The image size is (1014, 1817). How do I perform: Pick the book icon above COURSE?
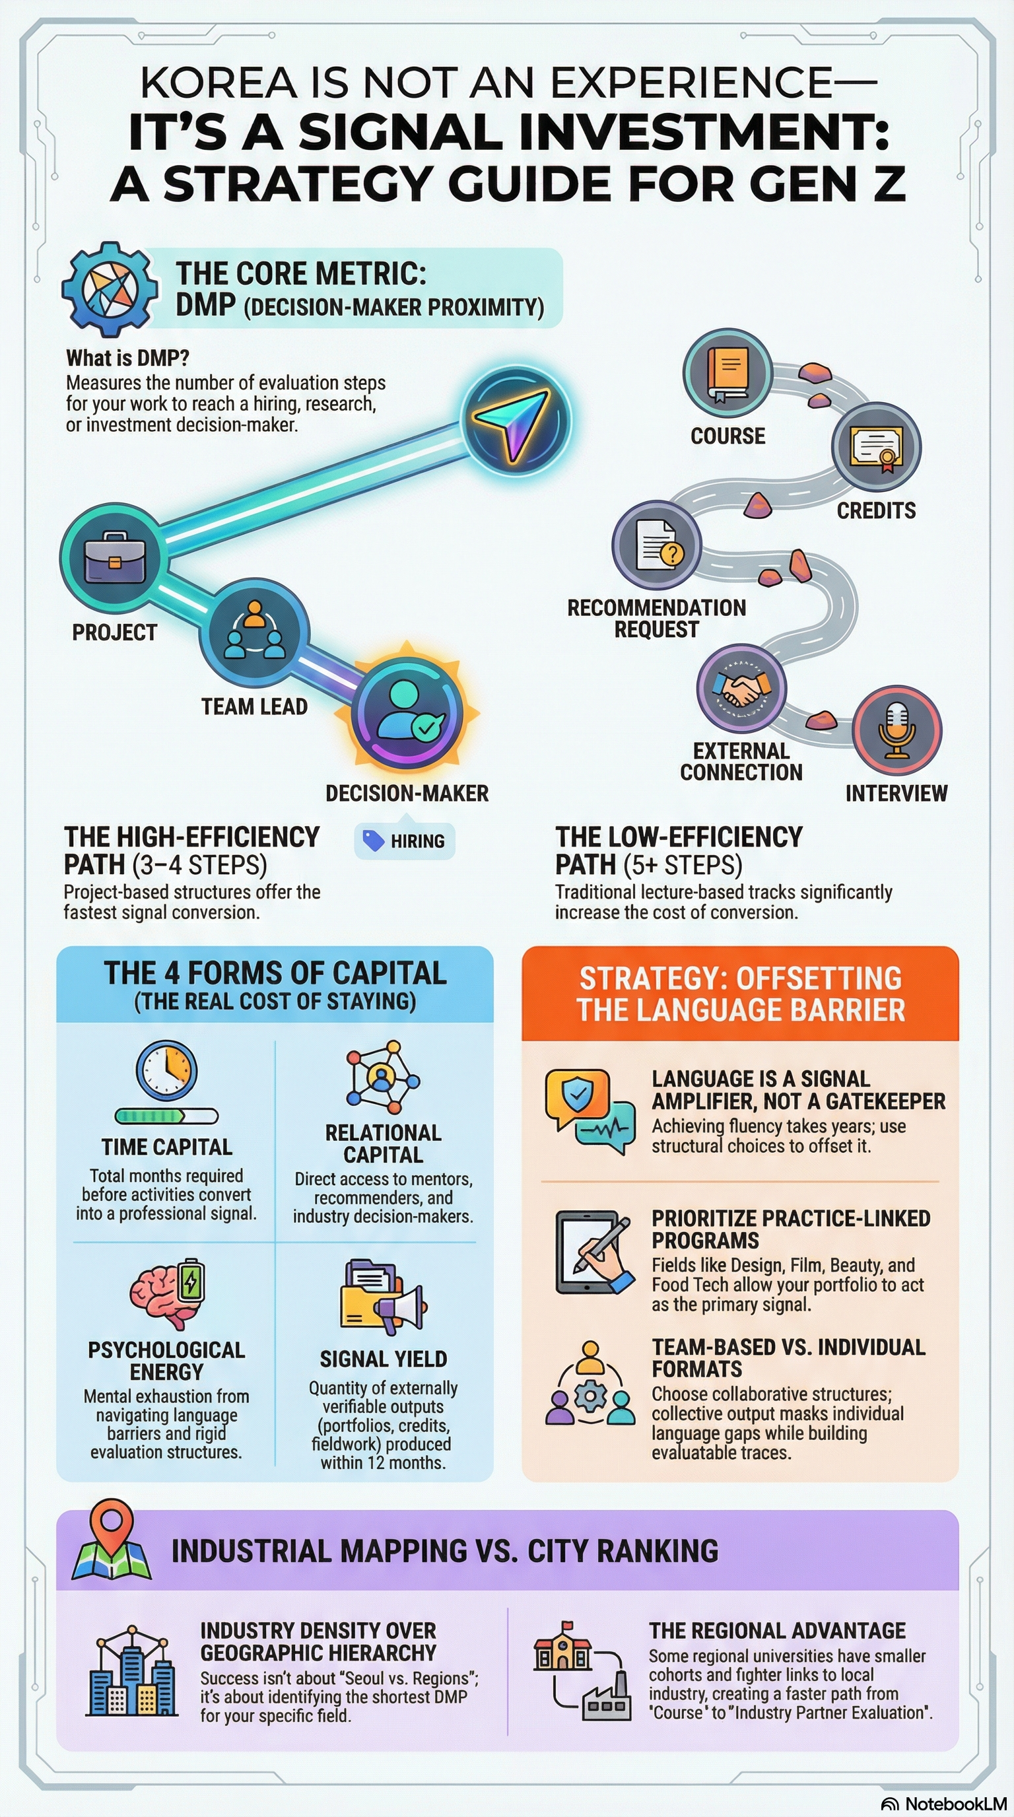727,373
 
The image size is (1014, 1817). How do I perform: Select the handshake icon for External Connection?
741,687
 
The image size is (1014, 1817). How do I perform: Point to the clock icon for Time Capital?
166,1071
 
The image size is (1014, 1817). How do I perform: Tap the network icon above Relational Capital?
382,1076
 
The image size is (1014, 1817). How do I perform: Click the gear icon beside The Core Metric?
110,289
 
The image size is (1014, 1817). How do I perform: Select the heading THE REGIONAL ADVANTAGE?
777,1630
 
